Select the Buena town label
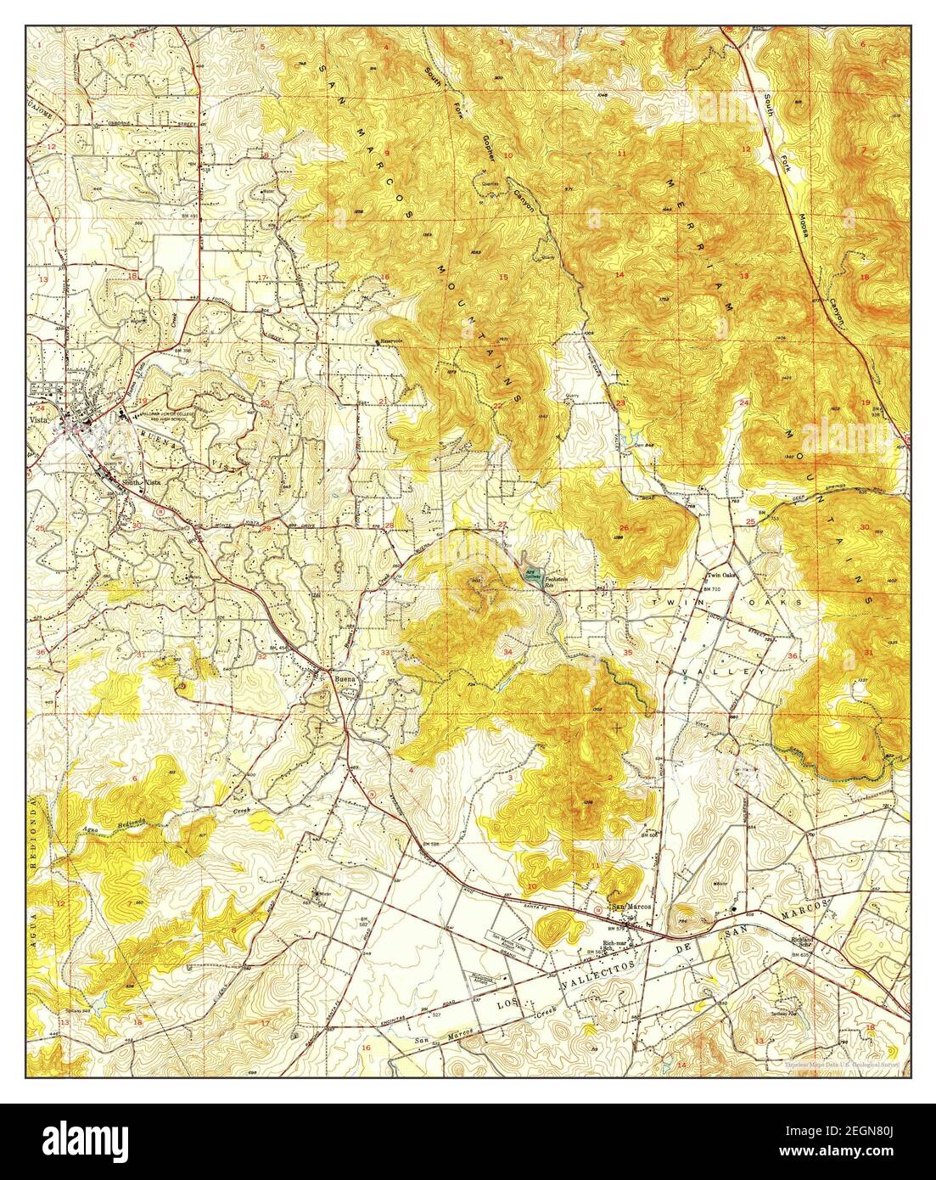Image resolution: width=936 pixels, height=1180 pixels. coord(341,679)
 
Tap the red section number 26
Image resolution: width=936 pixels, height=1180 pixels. coord(624,527)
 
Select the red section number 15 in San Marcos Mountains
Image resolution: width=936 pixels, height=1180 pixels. coord(502,277)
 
